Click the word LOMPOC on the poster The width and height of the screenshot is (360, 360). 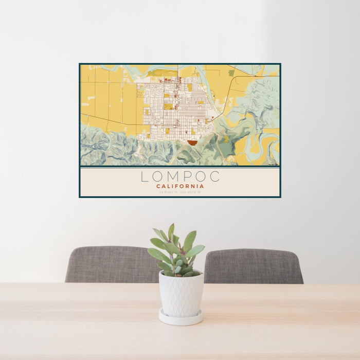pyautogui.click(x=180, y=176)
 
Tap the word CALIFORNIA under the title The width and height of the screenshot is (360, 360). pyautogui.click(x=180, y=186)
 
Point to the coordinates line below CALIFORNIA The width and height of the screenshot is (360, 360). pyautogui.click(x=180, y=192)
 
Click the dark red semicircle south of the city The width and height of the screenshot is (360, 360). pyautogui.click(x=192, y=143)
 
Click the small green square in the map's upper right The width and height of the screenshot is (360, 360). pyautogui.click(x=231, y=73)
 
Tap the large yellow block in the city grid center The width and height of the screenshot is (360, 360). pyautogui.click(x=168, y=106)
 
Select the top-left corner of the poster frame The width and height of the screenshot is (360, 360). pyautogui.click(x=80, y=64)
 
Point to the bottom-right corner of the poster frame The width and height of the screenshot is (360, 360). pyautogui.click(x=280, y=197)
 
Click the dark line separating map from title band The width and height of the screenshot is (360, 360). pyautogui.click(x=180, y=167)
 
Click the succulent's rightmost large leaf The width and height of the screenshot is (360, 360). pyautogui.click(x=196, y=250)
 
